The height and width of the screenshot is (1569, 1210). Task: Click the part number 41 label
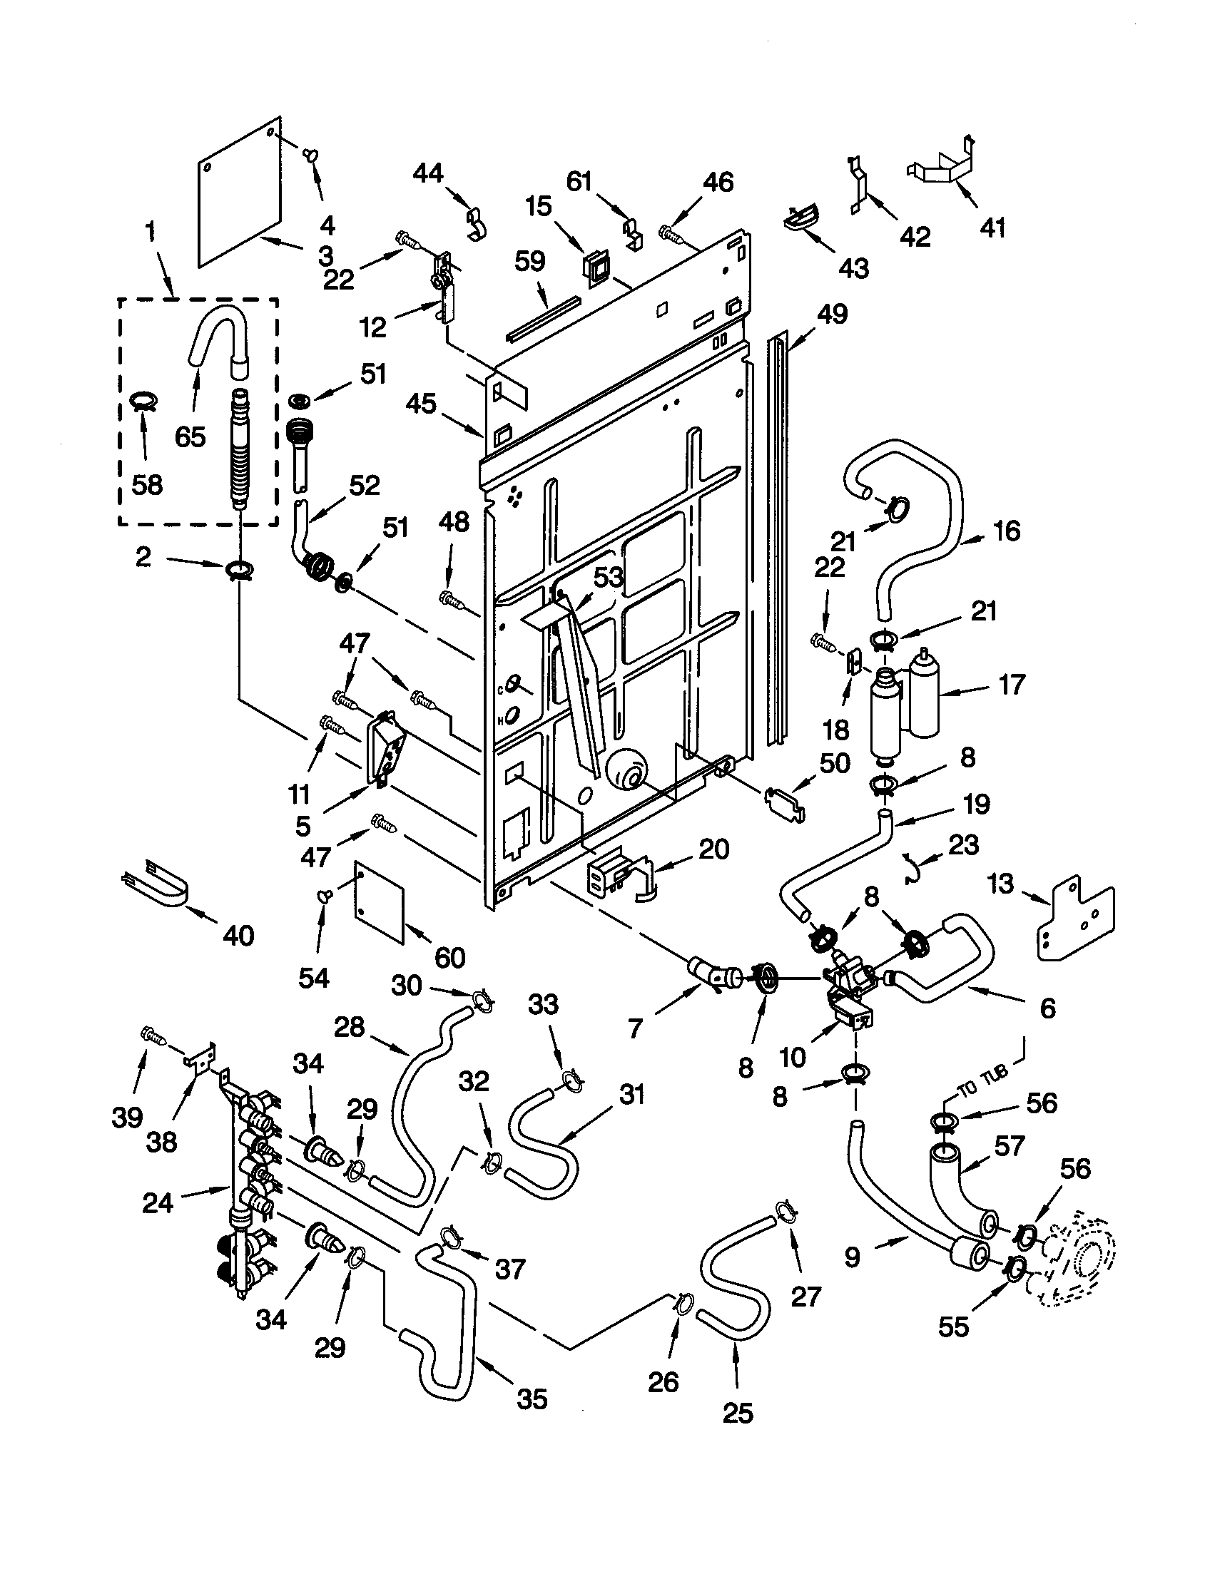point(992,228)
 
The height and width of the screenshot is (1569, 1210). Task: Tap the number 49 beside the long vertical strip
point(832,314)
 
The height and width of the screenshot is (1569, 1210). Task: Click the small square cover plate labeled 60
point(380,902)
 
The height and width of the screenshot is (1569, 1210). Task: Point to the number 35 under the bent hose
point(532,1399)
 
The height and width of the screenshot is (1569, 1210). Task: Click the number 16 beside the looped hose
point(1007,531)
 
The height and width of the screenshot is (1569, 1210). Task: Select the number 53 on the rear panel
point(608,577)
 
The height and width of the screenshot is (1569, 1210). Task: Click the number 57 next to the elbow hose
point(1008,1147)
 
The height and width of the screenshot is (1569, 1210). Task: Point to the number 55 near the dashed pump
point(953,1327)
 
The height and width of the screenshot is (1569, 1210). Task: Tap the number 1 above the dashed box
point(149,232)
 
